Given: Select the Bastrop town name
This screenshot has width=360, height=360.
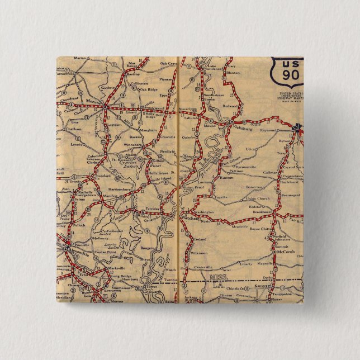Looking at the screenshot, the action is (x=132, y=73).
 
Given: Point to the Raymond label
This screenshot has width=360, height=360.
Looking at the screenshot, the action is (x=268, y=130).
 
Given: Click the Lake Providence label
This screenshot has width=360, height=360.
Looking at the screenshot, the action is (x=213, y=69).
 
